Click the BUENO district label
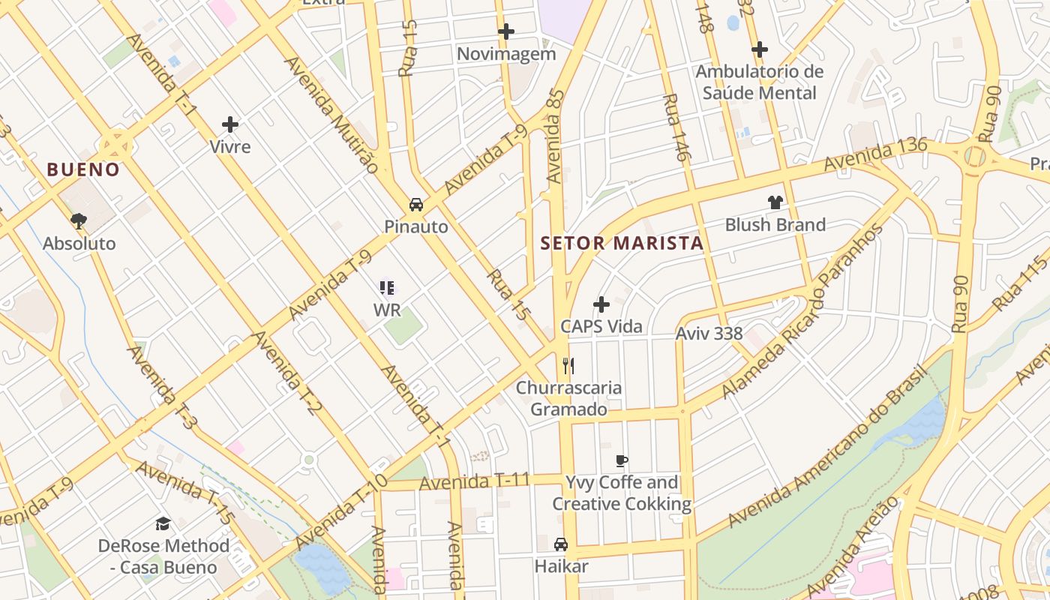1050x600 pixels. tap(83, 169)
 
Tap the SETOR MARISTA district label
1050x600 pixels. tap(622, 243)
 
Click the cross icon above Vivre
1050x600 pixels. tap(230, 124)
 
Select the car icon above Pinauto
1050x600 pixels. tap(415, 204)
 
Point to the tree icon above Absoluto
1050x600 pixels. tap(79, 220)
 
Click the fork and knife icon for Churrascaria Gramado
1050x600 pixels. tap(568, 366)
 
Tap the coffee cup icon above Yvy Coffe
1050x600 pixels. tap(621, 460)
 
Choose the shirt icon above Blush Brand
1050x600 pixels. tap(775, 202)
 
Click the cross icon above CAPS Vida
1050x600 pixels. tap(601, 304)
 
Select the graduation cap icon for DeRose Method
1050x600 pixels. tap(163, 523)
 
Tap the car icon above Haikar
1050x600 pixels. tap(560, 544)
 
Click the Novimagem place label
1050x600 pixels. tap(506, 54)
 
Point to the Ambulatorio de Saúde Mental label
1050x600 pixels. tap(759, 82)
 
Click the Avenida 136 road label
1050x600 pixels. tap(875, 154)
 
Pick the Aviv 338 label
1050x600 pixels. tap(709, 333)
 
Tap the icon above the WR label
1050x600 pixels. tap(387, 287)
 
